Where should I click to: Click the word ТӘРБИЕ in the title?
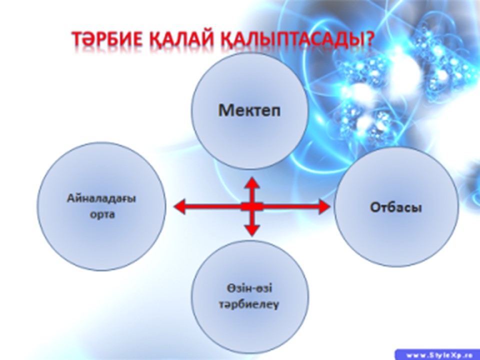[107, 39]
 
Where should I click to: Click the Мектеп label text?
[249, 110]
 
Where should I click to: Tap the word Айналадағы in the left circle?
[101, 199]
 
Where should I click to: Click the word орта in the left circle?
[102, 214]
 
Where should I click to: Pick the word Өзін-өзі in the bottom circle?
[249, 288]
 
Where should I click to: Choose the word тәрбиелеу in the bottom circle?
[249, 305]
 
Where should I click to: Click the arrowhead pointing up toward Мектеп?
[252, 183]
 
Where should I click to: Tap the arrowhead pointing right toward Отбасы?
[324, 206]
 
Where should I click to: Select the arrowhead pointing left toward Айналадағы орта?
[179, 206]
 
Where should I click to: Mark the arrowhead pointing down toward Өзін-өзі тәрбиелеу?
[252, 230]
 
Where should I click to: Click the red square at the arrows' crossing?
[252, 206]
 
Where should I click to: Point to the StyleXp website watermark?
[437, 355]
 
